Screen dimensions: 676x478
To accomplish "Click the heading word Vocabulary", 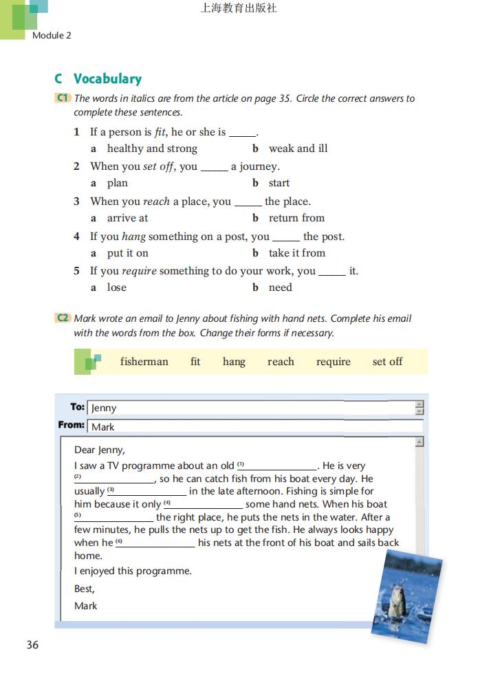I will click(107, 79).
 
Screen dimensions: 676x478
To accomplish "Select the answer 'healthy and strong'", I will click(152, 149).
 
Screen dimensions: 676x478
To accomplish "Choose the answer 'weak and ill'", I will click(298, 149).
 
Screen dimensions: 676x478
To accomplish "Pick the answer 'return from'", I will click(296, 218).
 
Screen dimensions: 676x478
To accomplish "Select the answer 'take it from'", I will click(296, 253).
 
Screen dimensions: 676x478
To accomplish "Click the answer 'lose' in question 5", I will click(117, 287).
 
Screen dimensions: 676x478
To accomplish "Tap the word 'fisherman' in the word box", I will click(144, 362).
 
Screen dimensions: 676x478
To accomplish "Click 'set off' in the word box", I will click(387, 362).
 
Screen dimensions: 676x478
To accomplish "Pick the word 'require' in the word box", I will click(334, 362).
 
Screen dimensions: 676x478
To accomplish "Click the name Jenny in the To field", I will click(104, 408).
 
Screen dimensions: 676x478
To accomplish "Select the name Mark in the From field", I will click(103, 427).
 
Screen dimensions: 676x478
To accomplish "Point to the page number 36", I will click(32, 645).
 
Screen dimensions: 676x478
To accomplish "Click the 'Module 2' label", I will click(52, 36).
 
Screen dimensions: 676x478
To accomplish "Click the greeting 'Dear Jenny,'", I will click(100, 450).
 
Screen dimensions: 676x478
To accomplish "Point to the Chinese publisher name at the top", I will click(238, 8).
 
